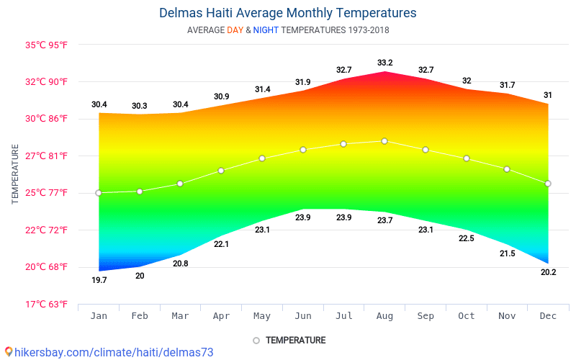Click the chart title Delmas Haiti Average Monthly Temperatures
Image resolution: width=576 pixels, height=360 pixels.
(287, 13)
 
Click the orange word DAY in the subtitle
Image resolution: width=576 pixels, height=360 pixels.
(235, 30)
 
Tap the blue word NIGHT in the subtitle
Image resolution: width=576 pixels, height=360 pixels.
(266, 30)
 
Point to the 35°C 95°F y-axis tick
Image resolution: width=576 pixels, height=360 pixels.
(47, 45)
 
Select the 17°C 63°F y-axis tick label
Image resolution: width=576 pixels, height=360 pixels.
(47, 304)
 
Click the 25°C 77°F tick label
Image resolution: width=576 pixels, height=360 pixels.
(47, 192)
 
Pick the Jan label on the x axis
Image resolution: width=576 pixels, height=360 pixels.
(99, 316)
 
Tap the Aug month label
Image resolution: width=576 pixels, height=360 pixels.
(384, 316)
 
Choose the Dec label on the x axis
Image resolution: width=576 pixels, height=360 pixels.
(548, 316)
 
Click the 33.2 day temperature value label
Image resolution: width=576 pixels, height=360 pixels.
(384, 63)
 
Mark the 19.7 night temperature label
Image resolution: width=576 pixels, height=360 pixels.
(99, 280)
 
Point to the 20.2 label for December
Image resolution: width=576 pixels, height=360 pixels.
(548, 272)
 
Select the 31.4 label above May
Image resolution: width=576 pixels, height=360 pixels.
(262, 89)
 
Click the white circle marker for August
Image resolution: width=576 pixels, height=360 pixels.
(384, 141)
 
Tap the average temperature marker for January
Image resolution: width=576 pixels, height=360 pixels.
(99, 193)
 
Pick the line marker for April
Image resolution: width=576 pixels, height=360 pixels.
(221, 171)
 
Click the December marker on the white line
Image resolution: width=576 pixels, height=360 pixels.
(548, 184)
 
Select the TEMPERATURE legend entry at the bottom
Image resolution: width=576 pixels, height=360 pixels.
(289, 340)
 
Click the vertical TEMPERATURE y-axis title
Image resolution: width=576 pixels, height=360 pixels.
(15, 174)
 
